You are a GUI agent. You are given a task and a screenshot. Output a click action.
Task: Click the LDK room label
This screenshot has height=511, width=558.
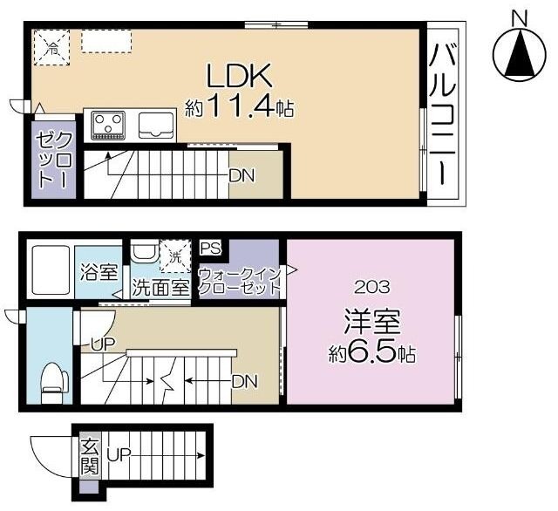click(240, 76)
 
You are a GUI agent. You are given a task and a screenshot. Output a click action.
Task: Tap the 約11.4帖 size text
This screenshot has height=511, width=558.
click(239, 107)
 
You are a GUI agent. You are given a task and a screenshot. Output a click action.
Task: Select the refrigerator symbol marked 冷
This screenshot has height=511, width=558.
click(52, 47)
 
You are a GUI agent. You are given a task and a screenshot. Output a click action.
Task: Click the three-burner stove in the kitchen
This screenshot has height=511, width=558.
click(108, 126)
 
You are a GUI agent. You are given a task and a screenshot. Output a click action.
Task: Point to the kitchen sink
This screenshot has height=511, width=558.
click(156, 125)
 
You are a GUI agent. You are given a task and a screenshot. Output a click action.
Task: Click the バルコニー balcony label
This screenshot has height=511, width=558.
click(443, 114)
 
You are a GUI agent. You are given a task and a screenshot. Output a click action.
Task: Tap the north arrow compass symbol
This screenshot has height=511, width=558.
click(520, 55)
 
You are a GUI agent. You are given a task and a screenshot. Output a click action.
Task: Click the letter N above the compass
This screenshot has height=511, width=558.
click(520, 18)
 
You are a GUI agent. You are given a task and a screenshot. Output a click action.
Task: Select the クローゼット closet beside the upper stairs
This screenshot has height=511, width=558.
click(53, 160)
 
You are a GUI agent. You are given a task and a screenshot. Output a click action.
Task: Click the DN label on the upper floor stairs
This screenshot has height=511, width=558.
click(242, 175)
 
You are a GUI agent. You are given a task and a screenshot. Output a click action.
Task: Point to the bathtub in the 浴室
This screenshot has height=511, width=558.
click(51, 270)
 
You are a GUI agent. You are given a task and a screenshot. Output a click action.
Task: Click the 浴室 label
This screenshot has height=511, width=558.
click(99, 273)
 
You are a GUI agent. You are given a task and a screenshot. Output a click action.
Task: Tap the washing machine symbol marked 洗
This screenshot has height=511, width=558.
click(175, 256)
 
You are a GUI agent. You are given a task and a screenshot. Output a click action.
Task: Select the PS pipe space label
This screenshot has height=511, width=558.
click(210, 248)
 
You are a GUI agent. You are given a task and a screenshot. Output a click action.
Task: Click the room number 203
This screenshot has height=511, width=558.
click(372, 287)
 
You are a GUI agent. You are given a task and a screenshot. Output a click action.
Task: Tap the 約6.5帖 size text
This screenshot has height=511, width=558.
click(372, 352)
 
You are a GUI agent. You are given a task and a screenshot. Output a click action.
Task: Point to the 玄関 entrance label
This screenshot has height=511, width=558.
click(89, 457)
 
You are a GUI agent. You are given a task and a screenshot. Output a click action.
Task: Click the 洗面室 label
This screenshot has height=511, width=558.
click(160, 288)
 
